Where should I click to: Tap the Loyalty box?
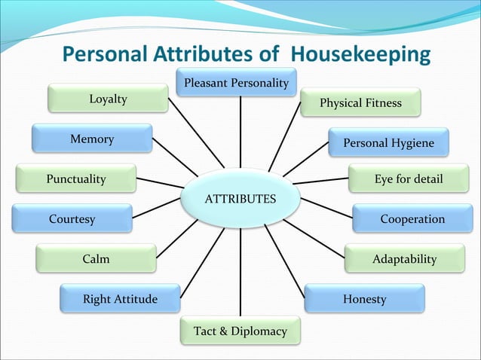pos(108,99)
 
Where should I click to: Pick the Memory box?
pos(91,139)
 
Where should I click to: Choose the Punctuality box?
pos(75,179)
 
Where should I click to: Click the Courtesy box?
pos(72,219)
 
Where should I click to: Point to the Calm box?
pos(96,259)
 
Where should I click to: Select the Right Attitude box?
pos(120,299)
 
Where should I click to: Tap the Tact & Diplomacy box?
pos(240,331)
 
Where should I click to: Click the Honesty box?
pos(364,299)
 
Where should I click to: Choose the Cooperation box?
pos(412,219)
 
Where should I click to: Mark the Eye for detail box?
pos(408,179)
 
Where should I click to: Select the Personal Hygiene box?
pos(388,143)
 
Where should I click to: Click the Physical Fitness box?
pos(360,102)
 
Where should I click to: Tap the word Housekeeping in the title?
pos(360,55)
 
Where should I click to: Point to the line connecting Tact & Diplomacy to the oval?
pos(240,271)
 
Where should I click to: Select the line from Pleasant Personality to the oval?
pos(240,132)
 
